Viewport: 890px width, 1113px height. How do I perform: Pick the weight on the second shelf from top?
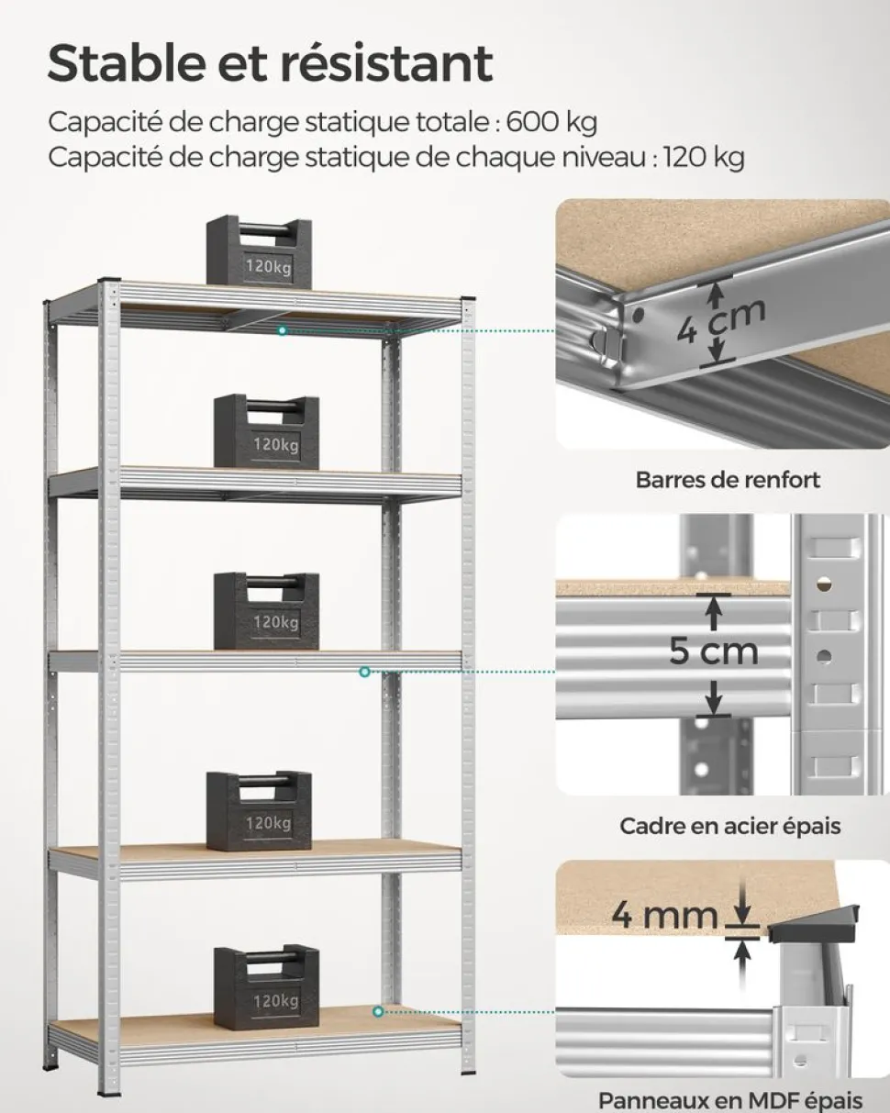coord(266,432)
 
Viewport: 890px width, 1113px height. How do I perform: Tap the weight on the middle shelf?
coord(266,611)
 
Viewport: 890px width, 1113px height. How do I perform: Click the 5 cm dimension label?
coord(713,651)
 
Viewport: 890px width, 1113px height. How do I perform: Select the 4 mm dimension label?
coord(664,915)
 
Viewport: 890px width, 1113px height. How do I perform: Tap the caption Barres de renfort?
coord(728,479)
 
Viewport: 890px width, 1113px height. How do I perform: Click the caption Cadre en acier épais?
coord(729,826)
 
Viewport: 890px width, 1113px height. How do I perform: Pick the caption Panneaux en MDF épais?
coord(730,1099)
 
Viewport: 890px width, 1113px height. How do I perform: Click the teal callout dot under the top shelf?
coord(283,330)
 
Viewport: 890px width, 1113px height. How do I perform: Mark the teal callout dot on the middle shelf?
coord(364,673)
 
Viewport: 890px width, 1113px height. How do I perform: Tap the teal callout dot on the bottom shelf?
coord(377,1011)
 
